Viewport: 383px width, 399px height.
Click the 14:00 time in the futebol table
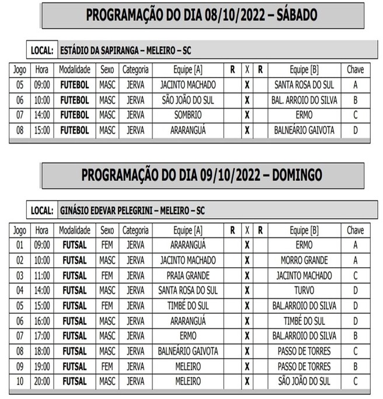point(41,115)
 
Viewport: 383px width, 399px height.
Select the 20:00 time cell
point(41,381)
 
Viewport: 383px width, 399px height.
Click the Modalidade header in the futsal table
point(74,230)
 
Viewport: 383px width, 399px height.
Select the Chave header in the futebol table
point(355,69)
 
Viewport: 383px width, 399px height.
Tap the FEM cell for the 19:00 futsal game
point(107,366)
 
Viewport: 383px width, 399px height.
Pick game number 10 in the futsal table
point(20,381)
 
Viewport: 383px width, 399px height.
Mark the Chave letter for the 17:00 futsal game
point(355,336)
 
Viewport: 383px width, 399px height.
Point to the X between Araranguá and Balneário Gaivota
point(247,130)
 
